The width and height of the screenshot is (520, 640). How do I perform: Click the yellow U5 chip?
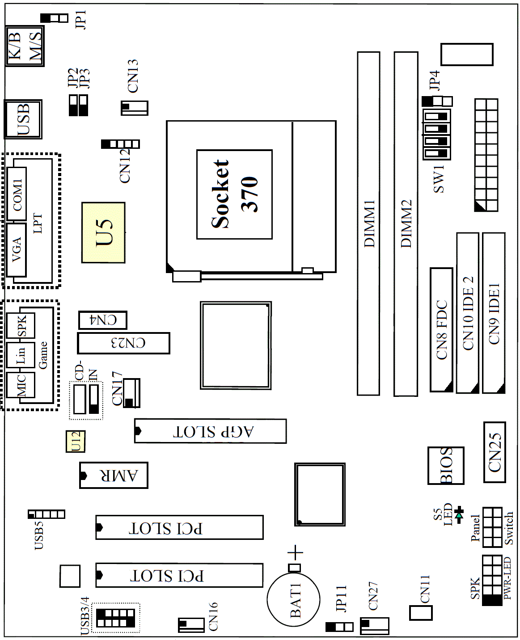pos(103,232)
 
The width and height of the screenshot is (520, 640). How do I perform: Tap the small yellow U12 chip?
pos(76,442)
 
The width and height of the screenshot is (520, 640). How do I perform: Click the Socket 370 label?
pos(234,194)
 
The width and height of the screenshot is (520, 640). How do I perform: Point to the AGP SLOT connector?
pos(211,431)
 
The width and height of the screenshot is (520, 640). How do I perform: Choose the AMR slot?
pos(114,475)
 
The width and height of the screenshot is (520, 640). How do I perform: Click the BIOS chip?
pos(446,465)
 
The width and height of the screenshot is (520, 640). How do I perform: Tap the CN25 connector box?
pos(495,452)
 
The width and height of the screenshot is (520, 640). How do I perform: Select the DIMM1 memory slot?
pos(368,223)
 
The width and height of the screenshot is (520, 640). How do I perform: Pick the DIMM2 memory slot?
pos(406,224)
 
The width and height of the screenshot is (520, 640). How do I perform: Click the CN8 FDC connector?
pos(441,330)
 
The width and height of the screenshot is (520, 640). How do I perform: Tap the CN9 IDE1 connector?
pos(494,313)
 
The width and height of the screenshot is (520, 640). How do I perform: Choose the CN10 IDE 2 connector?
pos(468,313)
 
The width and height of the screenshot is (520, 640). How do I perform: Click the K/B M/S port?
pos(25,46)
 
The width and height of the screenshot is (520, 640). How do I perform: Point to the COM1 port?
pos(17,194)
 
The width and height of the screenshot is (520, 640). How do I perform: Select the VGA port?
pos(16,250)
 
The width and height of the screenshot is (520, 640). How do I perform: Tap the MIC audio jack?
pos(21,385)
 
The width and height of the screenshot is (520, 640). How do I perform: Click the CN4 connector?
pos(103,320)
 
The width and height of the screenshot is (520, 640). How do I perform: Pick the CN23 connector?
pos(123,343)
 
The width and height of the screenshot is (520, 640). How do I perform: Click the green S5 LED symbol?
pos(459,515)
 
